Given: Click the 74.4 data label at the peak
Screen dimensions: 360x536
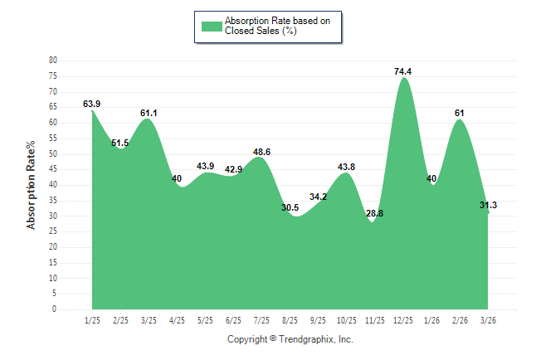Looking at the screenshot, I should click(x=403, y=72).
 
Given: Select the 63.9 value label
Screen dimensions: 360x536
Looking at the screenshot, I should click(x=92, y=104).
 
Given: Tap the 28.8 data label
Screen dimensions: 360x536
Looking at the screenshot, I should click(x=375, y=213).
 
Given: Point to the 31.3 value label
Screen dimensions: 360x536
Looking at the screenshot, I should click(x=488, y=206).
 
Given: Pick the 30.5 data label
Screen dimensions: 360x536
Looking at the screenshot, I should click(x=290, y=207).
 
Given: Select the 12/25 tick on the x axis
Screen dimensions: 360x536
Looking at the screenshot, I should click(x=403, y=320).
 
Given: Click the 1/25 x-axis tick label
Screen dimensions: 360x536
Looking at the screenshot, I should click(x=92, y=320).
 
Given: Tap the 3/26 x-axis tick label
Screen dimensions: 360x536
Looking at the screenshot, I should click(x=489, y=320).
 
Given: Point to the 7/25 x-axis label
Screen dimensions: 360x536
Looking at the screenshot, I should click(x=261, y=320).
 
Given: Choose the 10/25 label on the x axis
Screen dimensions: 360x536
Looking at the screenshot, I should click(x=347, y=320).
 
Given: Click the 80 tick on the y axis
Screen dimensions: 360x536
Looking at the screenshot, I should click(x=52, y=61).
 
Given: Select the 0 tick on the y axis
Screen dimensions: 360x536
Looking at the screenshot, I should click(x=54, y=309).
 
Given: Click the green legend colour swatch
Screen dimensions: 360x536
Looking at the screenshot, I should click(x=212, y=26).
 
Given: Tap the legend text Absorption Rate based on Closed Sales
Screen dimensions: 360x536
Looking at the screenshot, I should click(x=271, y=26).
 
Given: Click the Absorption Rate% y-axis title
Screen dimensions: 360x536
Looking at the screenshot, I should click(x=32, y=185).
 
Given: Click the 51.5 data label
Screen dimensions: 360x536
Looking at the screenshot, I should click(x=121, y=144).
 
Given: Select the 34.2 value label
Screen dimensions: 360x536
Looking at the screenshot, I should click(x=318, y=197).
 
